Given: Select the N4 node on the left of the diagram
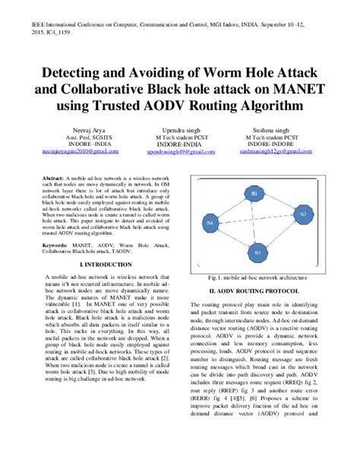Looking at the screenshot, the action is click(x=210, y=223).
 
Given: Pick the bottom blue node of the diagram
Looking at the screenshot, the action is click(x=257, y=252).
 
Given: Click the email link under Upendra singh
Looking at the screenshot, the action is click(x=180, y=152).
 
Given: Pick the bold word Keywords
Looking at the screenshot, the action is click(x=58, y=246).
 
